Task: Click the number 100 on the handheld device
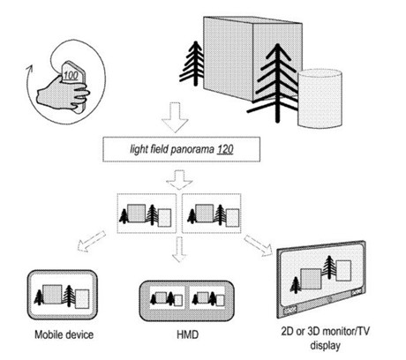[x=71, y=75]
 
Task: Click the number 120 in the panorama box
[x=225, y=149]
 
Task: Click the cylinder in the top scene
[x=320, y=98]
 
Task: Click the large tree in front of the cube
[x=276, y=82]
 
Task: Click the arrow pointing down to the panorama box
[x=175, y=117]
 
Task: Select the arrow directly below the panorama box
[x=179, y=180]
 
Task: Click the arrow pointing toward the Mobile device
[x=91, y=241]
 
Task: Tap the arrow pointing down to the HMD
[x=178, y=250]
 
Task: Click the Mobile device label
[x=64, y=334]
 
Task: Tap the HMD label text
[x=187, y=334]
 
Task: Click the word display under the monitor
[x=325, y=345]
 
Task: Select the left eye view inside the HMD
[x=167, y=298]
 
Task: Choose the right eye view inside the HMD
[x=207, y=298]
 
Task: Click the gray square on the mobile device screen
[x=52, y=294]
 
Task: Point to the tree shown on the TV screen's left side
[x=295, y=285]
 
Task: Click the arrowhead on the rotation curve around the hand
[x=28, y=69]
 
